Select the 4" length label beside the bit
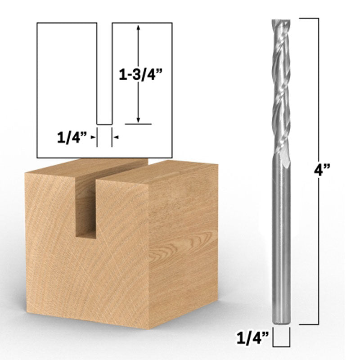322,170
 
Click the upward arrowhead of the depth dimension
138,27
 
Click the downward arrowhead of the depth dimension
138,120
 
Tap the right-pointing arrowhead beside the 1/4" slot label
93,137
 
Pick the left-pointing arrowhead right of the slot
117,137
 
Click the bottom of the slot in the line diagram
104,125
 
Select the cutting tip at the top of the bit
281,21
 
